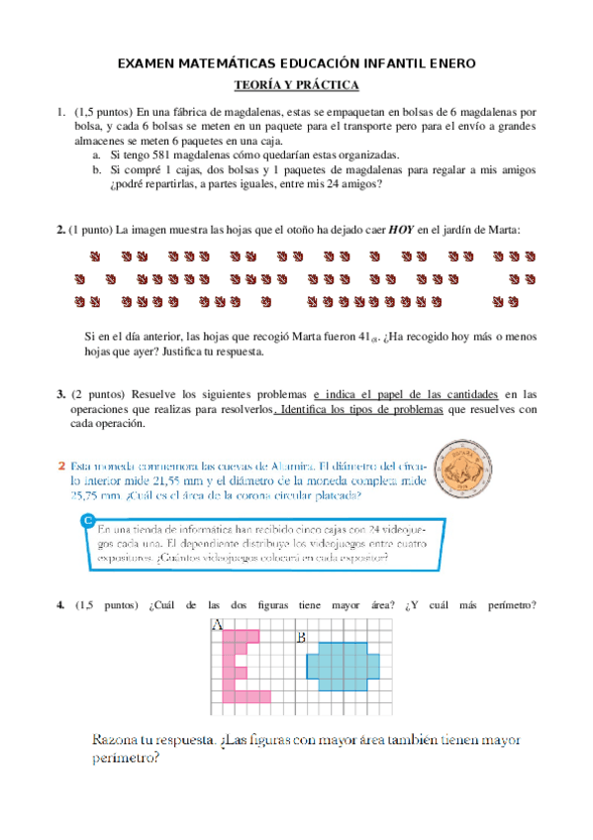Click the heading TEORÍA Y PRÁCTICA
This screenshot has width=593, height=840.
pos(296,85)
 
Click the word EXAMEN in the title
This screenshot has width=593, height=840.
pos(148,63)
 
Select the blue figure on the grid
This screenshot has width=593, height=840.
pos(343,665)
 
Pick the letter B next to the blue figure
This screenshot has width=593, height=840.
pos(300,637)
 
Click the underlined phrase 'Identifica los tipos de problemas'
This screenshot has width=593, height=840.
pos(360,409)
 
